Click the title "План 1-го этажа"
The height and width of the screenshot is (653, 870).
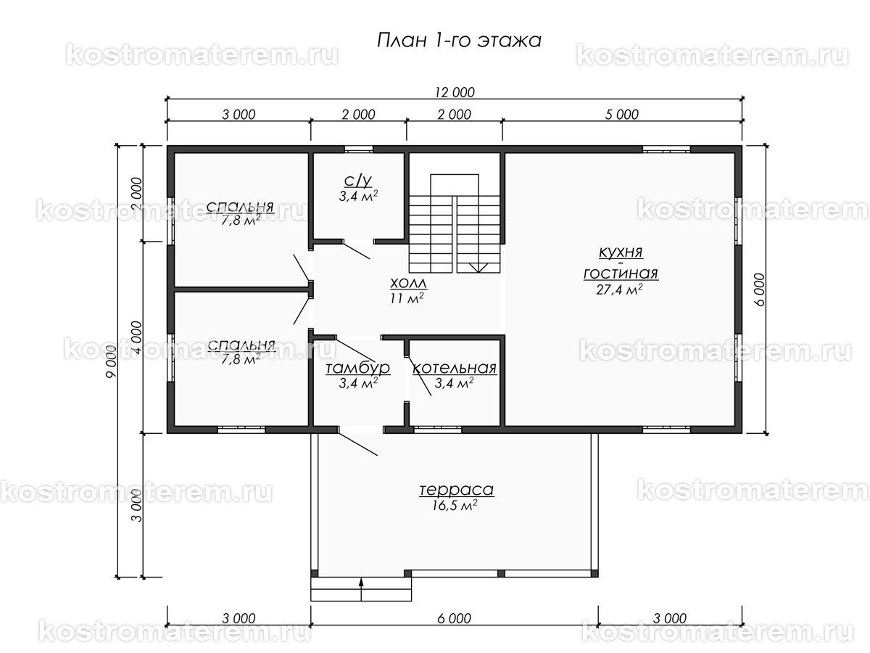coord(459,41)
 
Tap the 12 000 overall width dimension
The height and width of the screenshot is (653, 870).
coord(455,92)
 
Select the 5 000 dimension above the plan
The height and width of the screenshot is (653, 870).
coord(622,115)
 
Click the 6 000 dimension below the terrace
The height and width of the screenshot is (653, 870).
coord(455,618)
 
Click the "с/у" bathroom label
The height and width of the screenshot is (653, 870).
coord(358,181)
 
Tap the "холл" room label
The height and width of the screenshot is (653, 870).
coord(408,284)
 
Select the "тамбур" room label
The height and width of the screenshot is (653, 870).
coord(358,368)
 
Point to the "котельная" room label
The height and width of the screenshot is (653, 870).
coord(455,369)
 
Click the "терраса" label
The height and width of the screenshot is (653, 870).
coord(457,490)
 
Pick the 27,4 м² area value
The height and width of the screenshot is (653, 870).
coord(619,289)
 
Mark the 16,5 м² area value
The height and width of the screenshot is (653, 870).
coord(455,505)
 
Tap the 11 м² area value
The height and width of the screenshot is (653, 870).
coord(407,297)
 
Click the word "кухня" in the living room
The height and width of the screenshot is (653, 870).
coord(621,252)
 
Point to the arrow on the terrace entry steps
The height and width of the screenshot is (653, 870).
coord(361,590)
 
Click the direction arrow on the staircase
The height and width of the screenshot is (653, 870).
coord(478,267)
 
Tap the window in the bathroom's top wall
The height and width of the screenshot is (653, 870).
coord(358,149)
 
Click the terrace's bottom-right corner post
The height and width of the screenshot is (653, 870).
coord(594,573)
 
